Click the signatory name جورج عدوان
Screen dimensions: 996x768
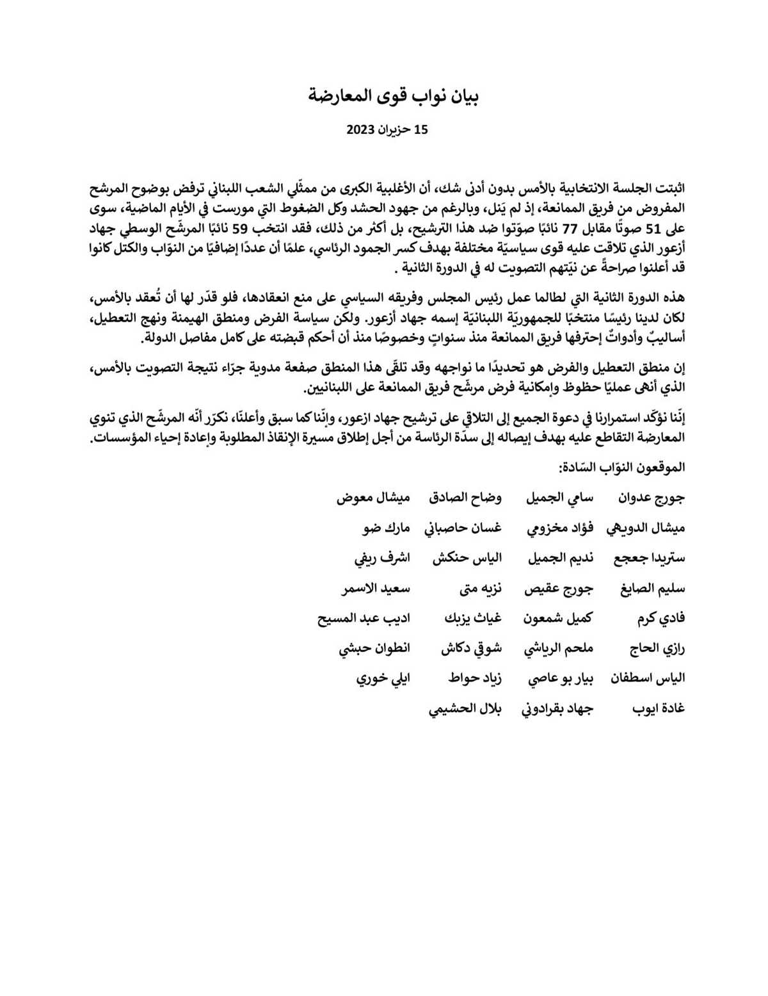(x=652, y=498)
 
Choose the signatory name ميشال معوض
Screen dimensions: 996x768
(x=374, y=498)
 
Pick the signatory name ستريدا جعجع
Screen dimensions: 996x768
(x=648, y=558)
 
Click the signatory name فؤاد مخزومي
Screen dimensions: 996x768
(x=560, y=528)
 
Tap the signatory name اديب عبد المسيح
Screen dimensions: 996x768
(x=364, y=618)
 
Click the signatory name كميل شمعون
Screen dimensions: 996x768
(x=559, y=618)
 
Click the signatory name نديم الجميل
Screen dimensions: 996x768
(x=560, y=558)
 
